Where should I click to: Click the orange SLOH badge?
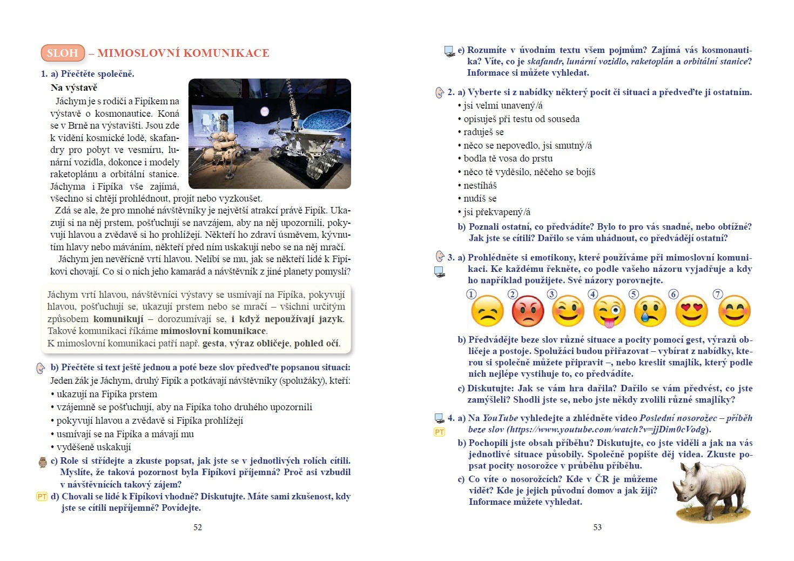coord(63,53)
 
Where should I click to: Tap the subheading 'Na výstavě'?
coord(74,88)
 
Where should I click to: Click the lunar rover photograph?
coord(270,133)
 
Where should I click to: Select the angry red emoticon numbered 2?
coord(528,311)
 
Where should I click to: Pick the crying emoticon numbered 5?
coord(650,311)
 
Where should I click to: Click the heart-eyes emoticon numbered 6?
coord(692,311)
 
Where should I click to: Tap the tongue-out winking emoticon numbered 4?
coord(609,312)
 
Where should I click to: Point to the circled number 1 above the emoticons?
coord(472,295)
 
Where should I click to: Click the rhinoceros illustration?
coord(711,492)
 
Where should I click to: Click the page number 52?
coord(198,527)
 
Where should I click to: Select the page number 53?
coord(597,527)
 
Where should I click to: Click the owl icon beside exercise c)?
coord(43,462)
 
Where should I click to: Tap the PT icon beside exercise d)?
coord(42,496)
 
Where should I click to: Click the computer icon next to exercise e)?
coord(449,52)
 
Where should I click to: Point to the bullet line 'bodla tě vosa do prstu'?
coord(508,158)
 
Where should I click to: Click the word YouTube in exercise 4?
coord(500,418)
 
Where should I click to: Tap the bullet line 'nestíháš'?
coord(480,185)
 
